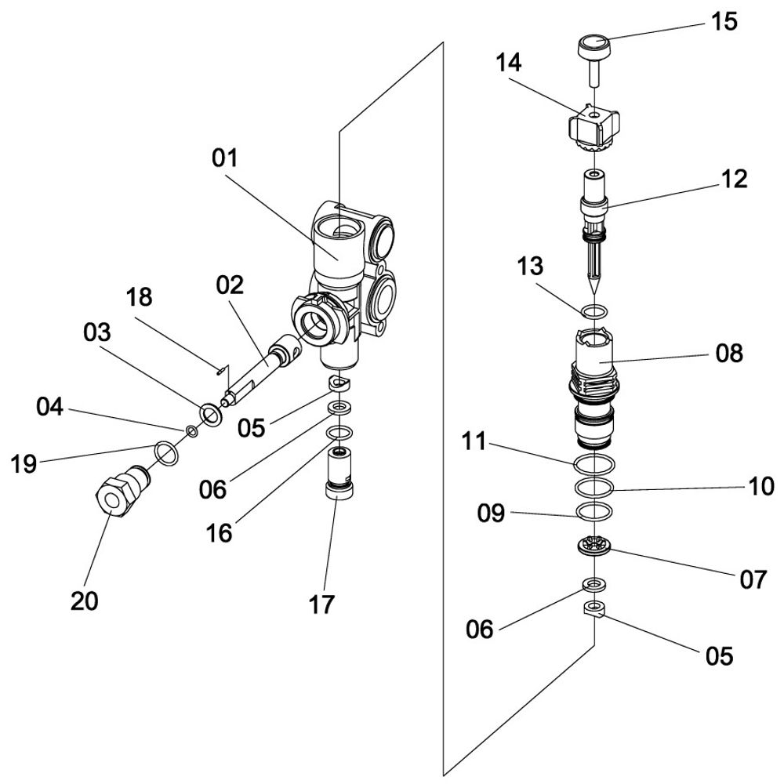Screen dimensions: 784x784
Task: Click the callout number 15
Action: tap(724, 21)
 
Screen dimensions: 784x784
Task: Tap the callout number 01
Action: tap(224, 158)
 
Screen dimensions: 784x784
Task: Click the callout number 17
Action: tap(321, 604)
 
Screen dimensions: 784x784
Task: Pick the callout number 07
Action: tap(752, 579)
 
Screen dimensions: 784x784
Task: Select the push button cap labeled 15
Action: tap(593, 45)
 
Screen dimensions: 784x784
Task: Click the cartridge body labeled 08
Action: tap(594, 384)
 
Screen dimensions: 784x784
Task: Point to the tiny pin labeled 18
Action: tap(221, 368)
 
